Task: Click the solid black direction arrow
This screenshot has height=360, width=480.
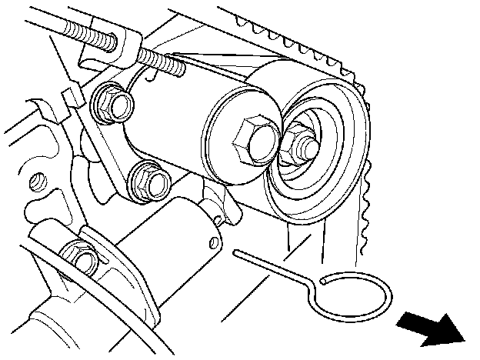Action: pyautogui.click(x=432, y=328)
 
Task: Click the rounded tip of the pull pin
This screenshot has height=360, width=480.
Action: pyautogui.click(x=235, y=252)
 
